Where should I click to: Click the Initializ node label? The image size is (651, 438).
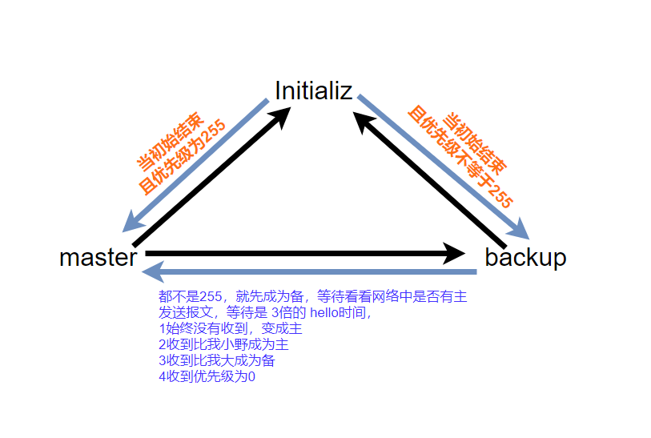point(313,90)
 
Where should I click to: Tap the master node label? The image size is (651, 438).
point(98,258)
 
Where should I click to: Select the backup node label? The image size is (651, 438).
point(525,258)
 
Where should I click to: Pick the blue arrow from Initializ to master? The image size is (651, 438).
point(197,165)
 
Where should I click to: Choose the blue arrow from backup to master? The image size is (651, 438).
point(312,272)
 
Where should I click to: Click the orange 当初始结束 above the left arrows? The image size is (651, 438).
point(165,141)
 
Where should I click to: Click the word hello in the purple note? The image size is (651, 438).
point(324,313)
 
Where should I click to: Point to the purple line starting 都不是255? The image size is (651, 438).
point(312,297)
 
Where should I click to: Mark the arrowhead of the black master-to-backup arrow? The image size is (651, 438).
point(453,254)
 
